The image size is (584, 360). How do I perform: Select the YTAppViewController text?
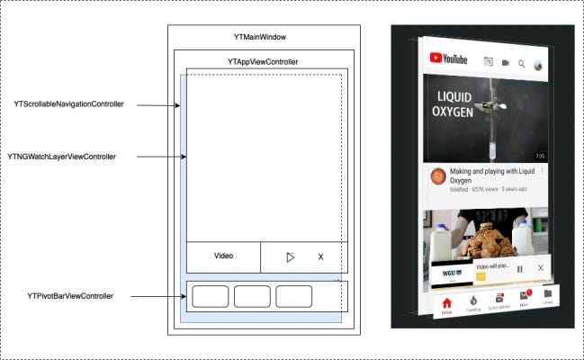click(263, 61)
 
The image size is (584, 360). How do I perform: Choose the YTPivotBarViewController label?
click(70, 296)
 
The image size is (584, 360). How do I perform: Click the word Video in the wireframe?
click(223, 256)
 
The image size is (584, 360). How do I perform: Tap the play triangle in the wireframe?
click(289, 257)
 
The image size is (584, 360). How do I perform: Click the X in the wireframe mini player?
click(320, 257)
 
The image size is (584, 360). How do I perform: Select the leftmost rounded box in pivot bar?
click(210, 296)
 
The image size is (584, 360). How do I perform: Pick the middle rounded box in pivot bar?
click(252, 296)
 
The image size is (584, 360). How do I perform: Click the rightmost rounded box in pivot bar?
click(294, 296)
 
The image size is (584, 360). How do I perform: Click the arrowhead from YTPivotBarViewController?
click(182, 296)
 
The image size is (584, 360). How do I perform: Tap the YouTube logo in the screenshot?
click(448, 60)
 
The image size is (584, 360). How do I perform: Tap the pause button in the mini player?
click(520, 268)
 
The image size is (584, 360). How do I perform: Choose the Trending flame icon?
click(472, 299)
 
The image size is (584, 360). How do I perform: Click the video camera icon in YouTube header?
click(505, 63)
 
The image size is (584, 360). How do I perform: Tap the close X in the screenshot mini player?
click(540, 268)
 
